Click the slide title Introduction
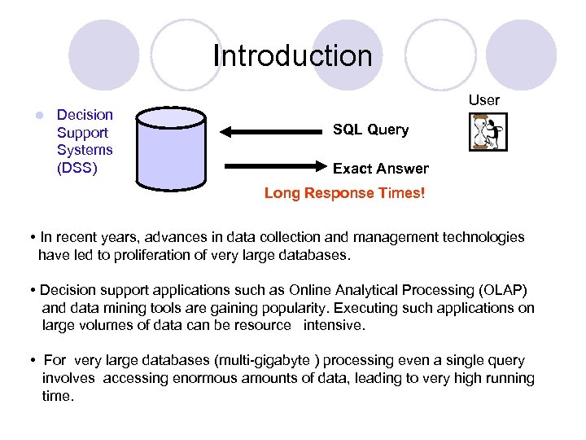(x=292, y=55)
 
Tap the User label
(x=484, y=99)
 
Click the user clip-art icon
(x=488, y=132)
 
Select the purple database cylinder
(x=171, y=147)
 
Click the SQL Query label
(x=370, y=130)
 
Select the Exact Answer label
(x=380, y=169)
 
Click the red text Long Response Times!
(x=344, y=194)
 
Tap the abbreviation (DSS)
(x=77, y=168)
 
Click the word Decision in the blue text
(x=85, y=115)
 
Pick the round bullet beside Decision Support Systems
(x=37, y=116)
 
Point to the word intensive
(x=335, y=325)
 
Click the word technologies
(x=483, y=237)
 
